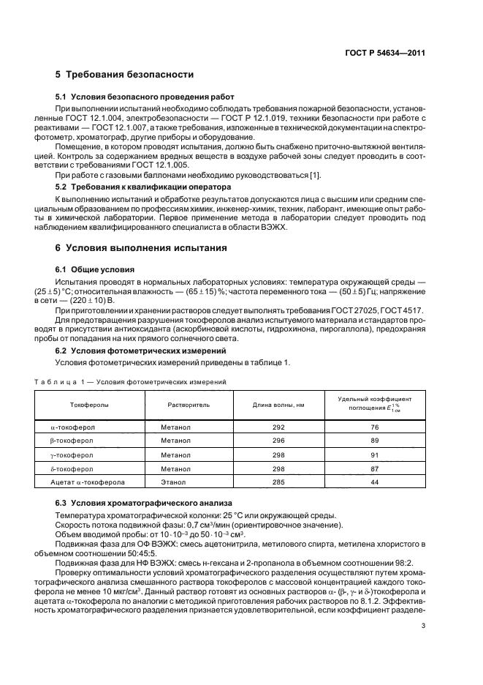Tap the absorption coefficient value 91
point(375,454)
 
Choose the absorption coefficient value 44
point(375,482)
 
